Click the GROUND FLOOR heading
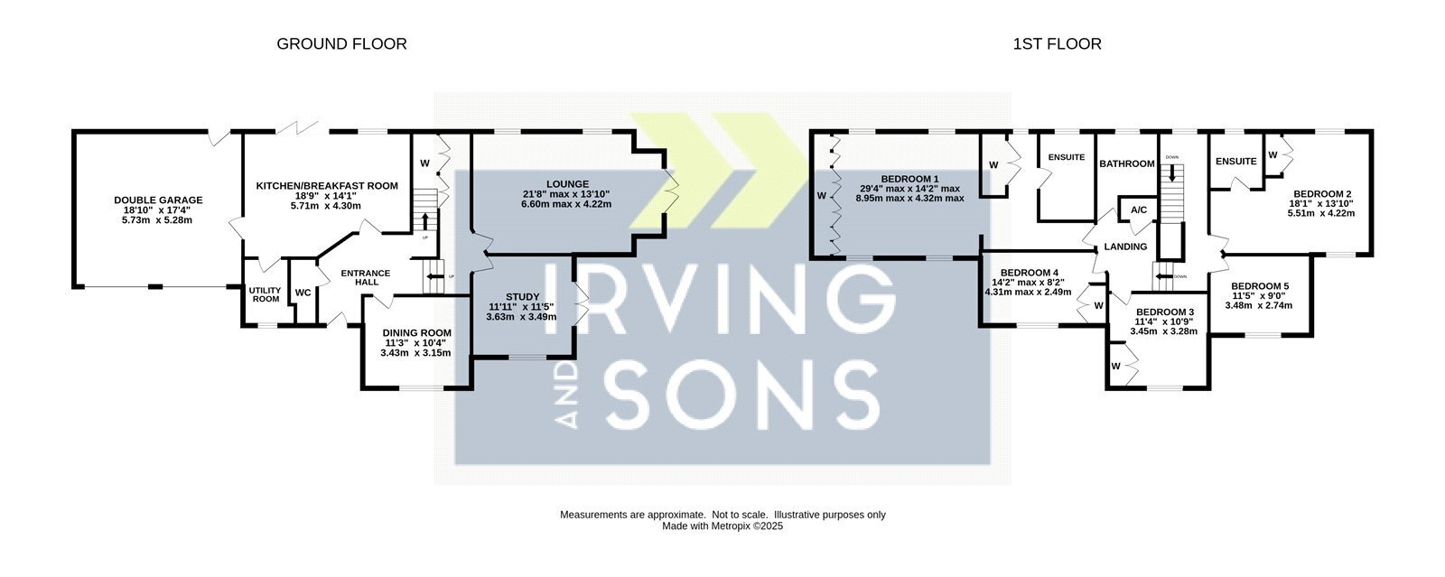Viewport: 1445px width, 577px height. [x=341, y=44]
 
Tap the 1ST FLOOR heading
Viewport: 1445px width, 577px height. [x=1058, y=44]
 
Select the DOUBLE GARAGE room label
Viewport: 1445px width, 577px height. [x=158, y=200]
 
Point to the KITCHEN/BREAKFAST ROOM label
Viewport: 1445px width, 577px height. [x=327, y=186]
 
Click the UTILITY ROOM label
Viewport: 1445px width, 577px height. [x=266, y=294]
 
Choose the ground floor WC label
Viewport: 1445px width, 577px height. [x=303, y=293]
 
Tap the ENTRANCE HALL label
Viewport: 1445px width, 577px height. [x=366, y=277]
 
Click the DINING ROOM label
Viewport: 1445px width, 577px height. [x=416, y=332]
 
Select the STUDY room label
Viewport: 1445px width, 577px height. [x=523, y=296]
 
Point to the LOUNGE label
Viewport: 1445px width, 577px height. [x=567, y=183]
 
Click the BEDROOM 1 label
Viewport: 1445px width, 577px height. [x=909, y=179]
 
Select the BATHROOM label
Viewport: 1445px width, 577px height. [x=1127, y=163]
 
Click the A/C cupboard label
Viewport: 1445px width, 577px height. [x=1139, y=209]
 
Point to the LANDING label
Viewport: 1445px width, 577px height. [x=1125, y=247]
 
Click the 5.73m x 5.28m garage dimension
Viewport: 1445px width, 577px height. [x=157, y=219]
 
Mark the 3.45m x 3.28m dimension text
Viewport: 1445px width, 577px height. [x=1164, y=331]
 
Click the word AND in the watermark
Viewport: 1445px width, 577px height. [x=567, y=395]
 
